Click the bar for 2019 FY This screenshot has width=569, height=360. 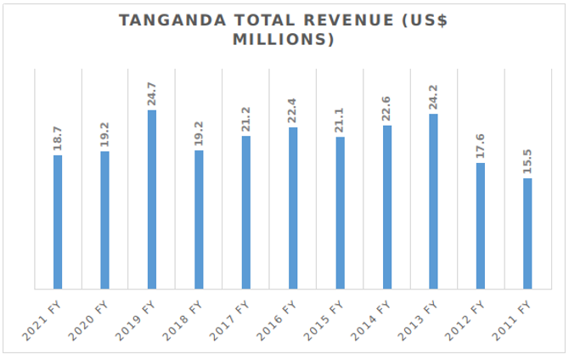click(152, 200)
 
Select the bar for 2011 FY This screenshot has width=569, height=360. click(527, 233)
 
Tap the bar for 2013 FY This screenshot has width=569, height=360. click(433, 201)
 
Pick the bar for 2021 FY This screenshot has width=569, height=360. click(58, 222)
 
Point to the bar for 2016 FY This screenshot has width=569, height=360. click(293, 208)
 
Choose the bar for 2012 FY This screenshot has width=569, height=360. click(481, 226)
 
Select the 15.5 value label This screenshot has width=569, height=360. click(527, 160)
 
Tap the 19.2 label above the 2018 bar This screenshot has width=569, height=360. click(199, 132)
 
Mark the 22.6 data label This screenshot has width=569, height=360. click(386, 108)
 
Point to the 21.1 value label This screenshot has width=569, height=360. click(340, 119)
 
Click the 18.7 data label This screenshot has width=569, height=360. click(58, 138)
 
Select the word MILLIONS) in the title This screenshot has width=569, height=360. click(285, 40)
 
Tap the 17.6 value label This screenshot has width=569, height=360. click(481, 145)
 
